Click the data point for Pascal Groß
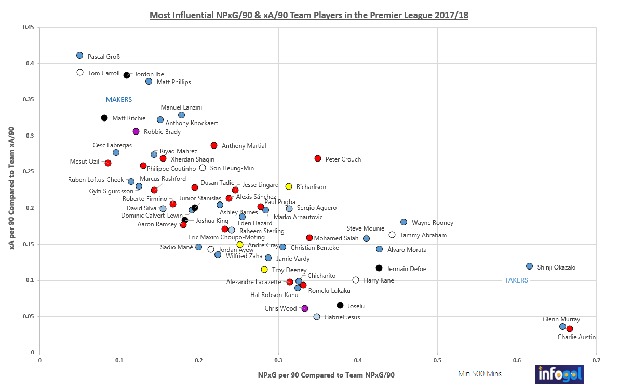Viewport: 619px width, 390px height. tap(79, 55)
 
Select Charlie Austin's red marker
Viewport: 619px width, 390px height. tap(570, 329)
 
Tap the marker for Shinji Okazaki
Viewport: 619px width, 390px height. tap(529, 266)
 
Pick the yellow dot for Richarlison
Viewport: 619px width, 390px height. tap(289, 186)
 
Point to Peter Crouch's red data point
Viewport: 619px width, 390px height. tap(318, 158)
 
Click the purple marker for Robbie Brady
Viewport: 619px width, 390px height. tap(136, 131)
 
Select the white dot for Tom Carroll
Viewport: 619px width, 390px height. tap(80, 72)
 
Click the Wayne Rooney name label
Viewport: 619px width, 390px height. tap(432, 223)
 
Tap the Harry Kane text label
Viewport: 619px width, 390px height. tap(379, 280)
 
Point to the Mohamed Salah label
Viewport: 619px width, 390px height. tap(336, 238)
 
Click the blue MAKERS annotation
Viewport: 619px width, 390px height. tap(119, 99)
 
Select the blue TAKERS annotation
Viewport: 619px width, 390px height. tap(516, 280)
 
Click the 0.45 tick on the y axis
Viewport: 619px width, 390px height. tap(29, 28)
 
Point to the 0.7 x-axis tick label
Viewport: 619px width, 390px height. tap(596, 359)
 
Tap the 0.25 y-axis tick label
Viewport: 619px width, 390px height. tap(29, 172)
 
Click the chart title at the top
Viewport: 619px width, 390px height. tap(309, 15)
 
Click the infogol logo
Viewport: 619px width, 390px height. tap(559, 374)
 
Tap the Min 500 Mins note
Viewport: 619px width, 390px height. tap(479, 374)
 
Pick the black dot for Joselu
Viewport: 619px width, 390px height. tap(340, 305)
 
